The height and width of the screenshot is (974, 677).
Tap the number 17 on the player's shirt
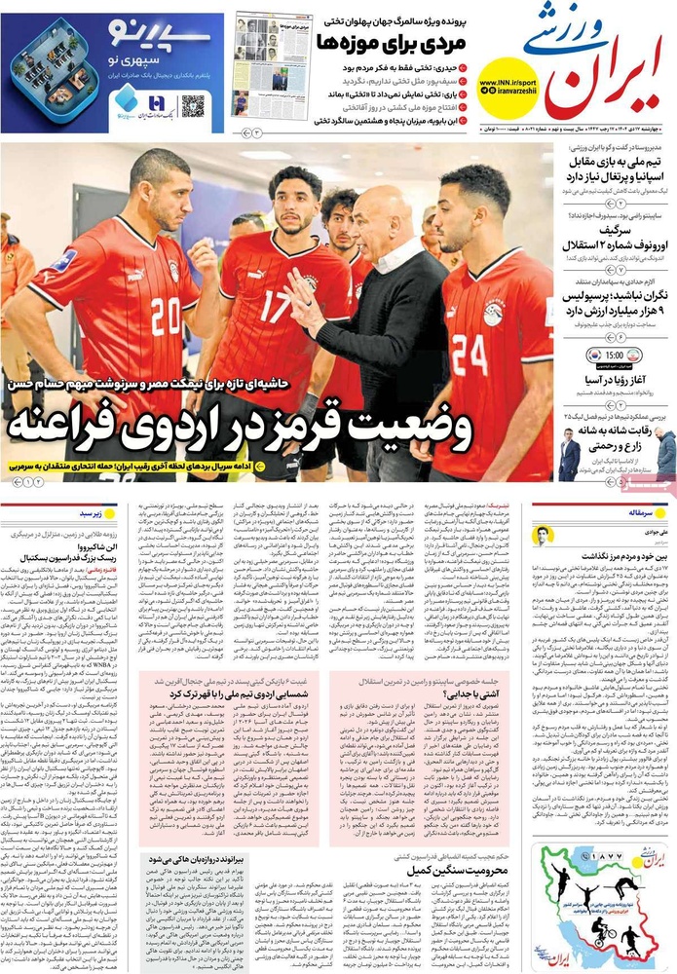pos(276,305)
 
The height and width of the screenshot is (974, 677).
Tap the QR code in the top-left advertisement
pos(192,105)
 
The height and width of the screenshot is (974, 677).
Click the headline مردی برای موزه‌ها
pos(395,42)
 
